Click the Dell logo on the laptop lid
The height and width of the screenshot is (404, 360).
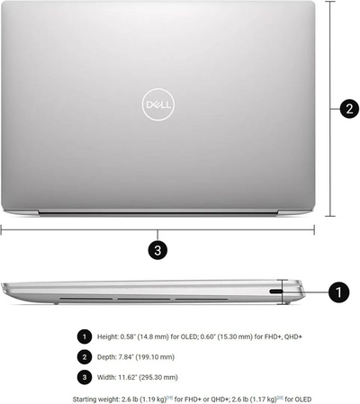coord(158,104)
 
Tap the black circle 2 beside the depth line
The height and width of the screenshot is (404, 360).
coord(349,108)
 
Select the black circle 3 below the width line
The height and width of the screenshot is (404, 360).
coord(157,250)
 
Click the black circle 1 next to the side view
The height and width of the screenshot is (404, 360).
coord(338,292)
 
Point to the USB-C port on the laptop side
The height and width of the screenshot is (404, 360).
coord(276,292)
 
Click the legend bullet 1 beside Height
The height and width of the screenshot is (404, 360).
coord(85,337)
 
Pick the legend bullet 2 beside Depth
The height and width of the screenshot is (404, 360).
coord(85,357)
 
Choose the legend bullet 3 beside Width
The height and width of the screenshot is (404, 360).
coord(85,377)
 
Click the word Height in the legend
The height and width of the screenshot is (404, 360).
coord(108,337)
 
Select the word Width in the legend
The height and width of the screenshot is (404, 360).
coord(106,377)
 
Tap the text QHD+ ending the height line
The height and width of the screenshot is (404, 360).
coord(293,337)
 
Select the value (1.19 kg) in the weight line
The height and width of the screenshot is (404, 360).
coord(152,400)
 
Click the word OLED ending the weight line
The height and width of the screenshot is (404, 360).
coord(303,400)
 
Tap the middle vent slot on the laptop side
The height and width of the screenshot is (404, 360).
coord(143,299)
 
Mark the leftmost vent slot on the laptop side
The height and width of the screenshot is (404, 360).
coord(85,299)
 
